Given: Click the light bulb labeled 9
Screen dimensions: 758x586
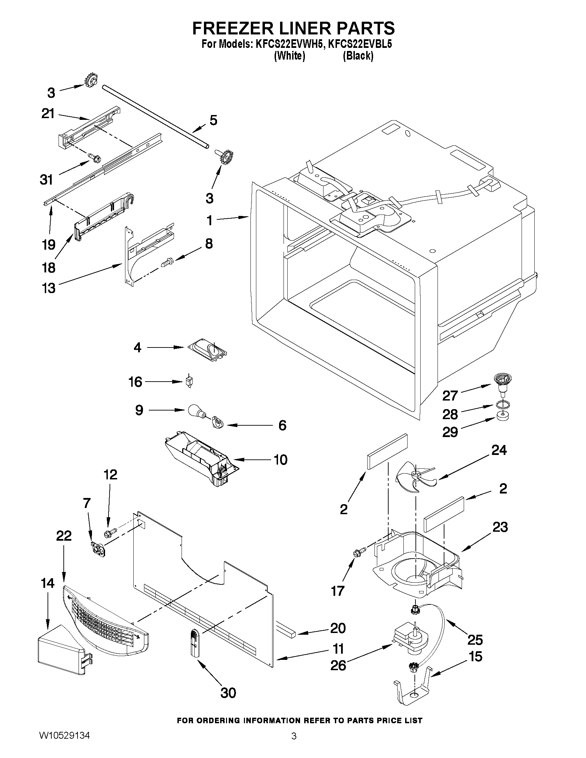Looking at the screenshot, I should (196, 411).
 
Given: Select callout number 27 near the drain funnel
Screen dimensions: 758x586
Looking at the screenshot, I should (450, 395).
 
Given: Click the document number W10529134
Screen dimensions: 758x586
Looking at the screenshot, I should (64, 745).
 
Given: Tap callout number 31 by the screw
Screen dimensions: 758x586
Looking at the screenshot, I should (47, 179).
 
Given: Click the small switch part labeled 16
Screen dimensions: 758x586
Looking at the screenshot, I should (189, 382).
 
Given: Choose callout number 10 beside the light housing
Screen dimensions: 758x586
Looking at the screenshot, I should (280, 459).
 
